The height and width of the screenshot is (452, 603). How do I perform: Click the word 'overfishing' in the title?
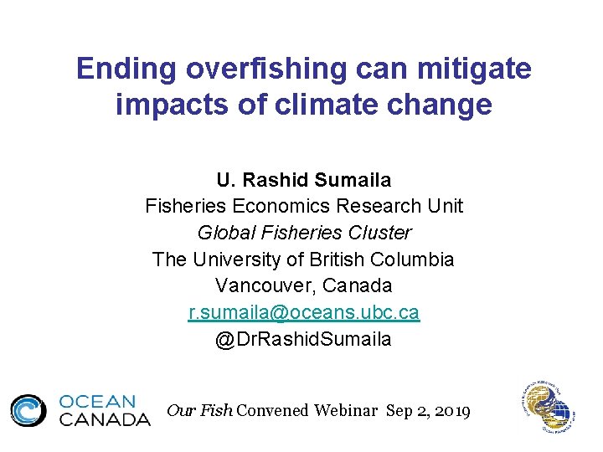coord(257,69)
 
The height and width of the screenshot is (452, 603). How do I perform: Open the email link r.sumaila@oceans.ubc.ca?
coord(303,313)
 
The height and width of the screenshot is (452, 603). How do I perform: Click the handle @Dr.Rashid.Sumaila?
coord(303,340)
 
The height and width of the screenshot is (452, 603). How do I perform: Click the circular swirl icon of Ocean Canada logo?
coord(28,410)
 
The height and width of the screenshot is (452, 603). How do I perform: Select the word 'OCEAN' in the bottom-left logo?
coord(97,402)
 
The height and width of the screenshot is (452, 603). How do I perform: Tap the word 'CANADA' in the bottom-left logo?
coord(104,419)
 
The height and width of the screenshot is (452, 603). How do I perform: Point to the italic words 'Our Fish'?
coord(200,410)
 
